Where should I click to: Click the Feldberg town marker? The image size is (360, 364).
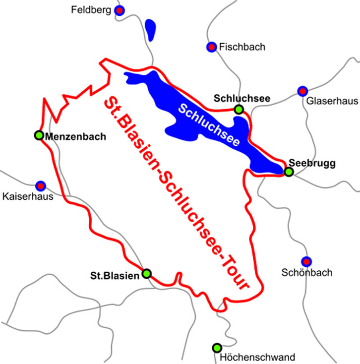tap(120, 9)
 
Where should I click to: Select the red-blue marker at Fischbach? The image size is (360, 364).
tap(211, 47)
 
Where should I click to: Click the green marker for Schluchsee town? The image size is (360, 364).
tap(239, 109)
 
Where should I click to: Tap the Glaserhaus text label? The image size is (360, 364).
tap(332, 101)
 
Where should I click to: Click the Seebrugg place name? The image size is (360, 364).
tap(305, 163)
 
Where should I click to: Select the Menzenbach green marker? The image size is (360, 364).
tap(39, 135)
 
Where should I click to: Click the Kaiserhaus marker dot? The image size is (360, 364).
tap(41, 185)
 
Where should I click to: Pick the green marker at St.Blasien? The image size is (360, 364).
tap(146, 273)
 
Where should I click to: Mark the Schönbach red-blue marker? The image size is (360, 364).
tap(306, 261)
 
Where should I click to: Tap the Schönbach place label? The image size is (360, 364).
tap(306, 272)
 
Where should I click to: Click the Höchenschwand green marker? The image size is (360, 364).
tap(216, 348)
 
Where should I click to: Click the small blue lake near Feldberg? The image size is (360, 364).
tap(151, 29)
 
